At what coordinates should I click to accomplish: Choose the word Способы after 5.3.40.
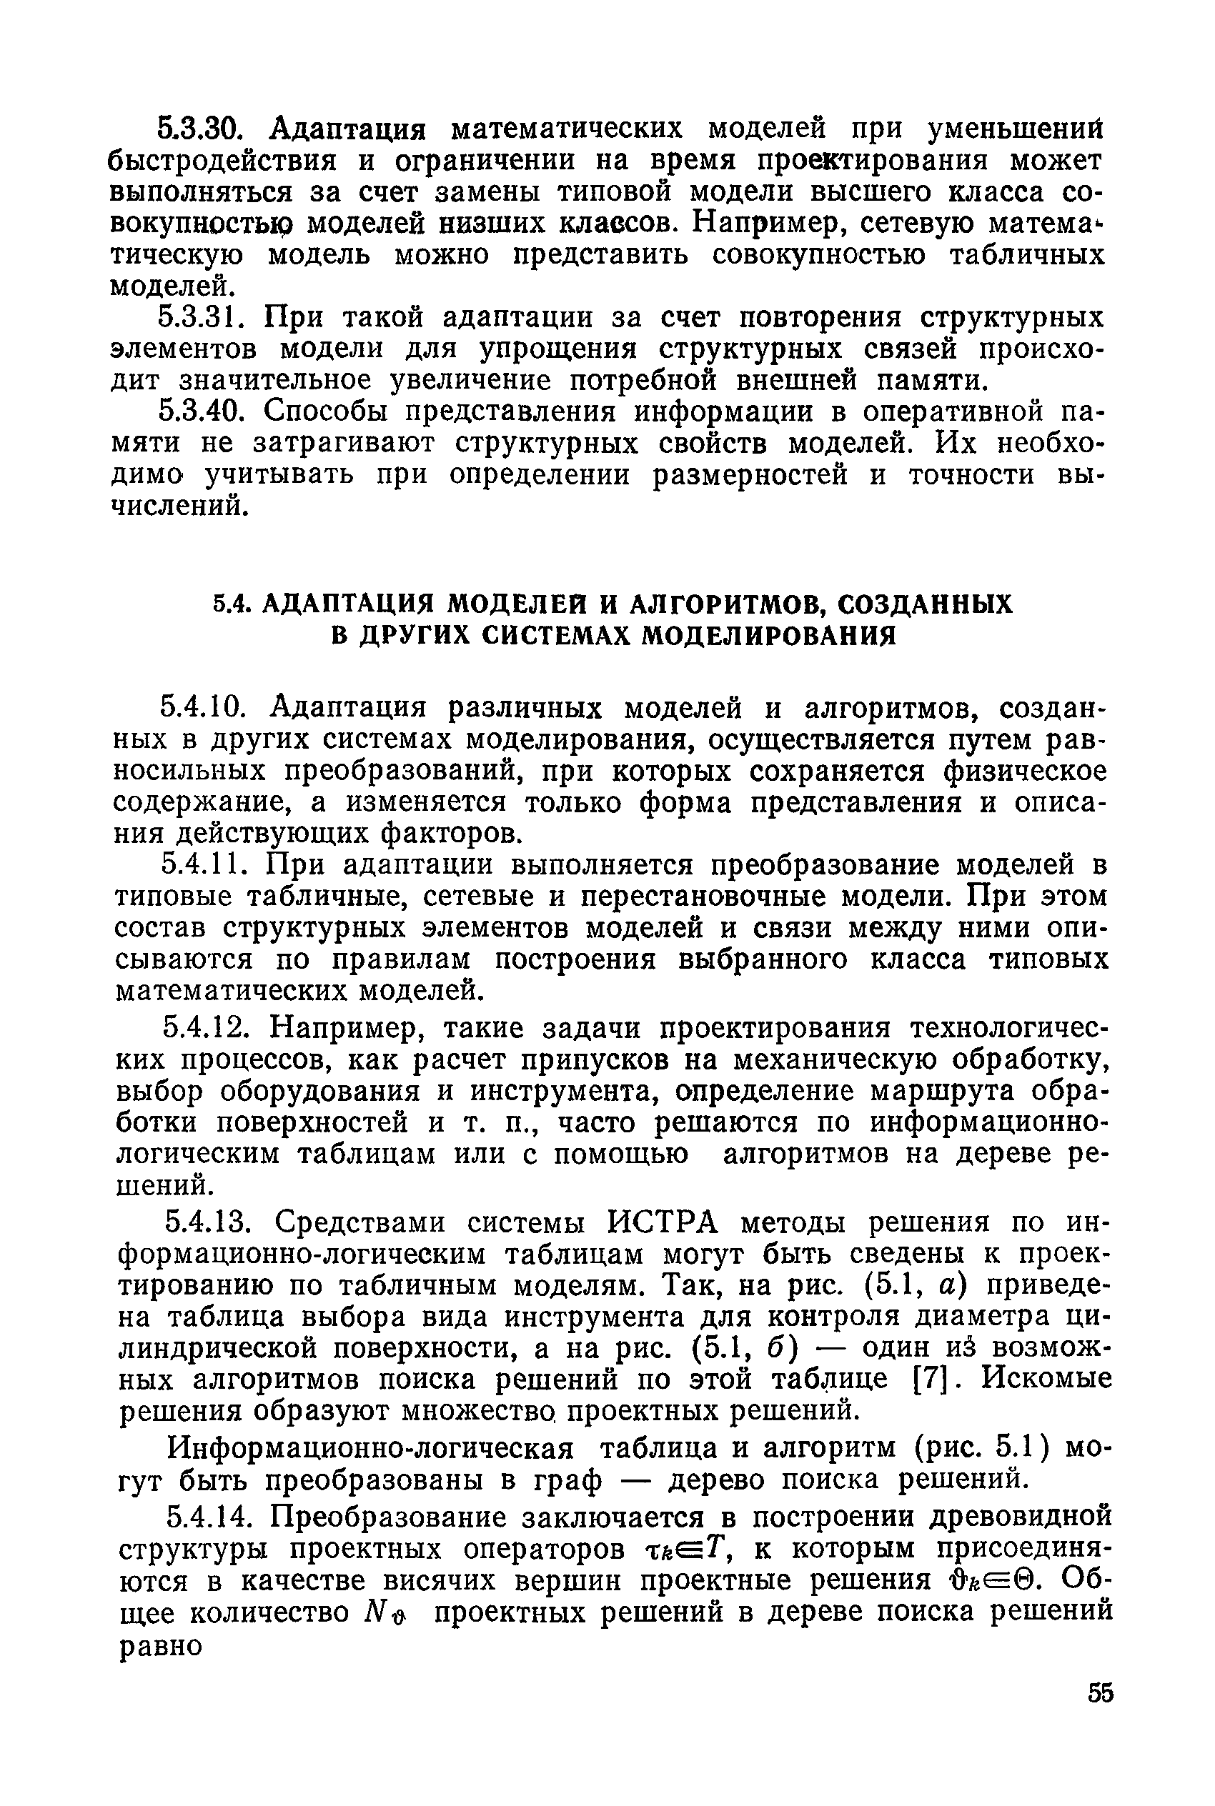tap(329, 411)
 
